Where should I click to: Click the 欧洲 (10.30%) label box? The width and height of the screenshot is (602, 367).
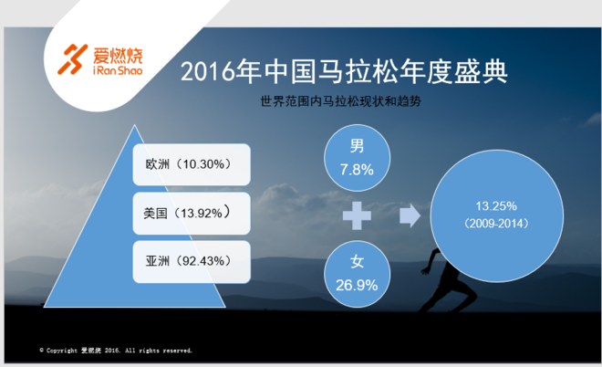click(x=192, y=164)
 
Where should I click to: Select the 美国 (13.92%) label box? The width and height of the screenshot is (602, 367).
click(x=192, y=213)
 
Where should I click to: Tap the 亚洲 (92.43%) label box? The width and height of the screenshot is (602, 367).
click(x=192, y=261)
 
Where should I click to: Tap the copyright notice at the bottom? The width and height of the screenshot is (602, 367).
click(x=116, y=350)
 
